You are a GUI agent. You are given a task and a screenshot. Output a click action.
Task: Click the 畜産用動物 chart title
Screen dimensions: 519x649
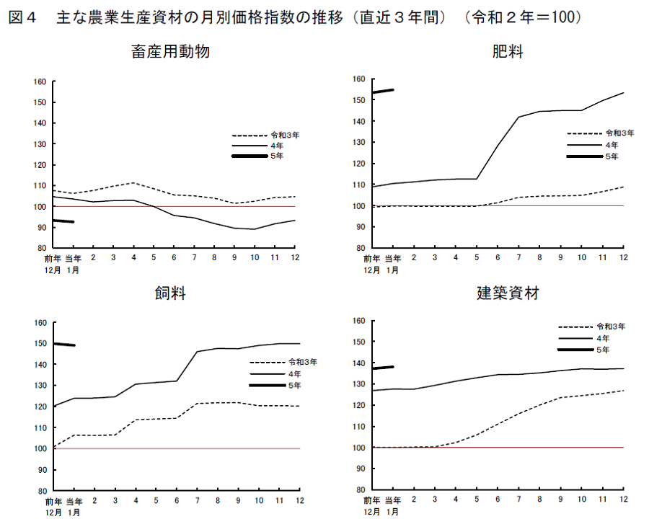coord(171,52)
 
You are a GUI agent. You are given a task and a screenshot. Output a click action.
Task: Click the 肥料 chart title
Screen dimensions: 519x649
coord(508,52)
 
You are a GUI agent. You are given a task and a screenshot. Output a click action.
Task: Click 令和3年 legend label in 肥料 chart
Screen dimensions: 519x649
coord(619,133)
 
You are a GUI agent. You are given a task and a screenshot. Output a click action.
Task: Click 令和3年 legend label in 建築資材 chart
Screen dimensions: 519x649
coord(611,326)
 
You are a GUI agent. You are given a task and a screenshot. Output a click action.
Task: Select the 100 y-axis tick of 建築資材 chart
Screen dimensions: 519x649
coord(358,448)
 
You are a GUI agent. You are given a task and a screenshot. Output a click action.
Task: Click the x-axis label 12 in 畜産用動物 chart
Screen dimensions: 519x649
coord(295,257)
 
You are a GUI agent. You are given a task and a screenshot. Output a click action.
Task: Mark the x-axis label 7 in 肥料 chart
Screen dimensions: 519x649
coord(517,257)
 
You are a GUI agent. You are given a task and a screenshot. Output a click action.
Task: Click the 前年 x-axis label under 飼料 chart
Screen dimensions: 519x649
coord(52,501)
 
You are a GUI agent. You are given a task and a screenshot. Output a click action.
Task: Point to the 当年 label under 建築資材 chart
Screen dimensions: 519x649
coord(392,500)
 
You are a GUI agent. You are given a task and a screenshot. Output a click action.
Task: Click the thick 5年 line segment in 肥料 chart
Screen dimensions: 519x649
coord(382,91)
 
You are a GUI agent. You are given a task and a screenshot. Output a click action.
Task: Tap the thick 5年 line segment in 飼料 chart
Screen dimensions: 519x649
coord(65,345)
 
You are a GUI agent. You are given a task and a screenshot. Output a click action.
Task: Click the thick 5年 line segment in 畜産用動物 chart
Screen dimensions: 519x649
coord(63,221)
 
